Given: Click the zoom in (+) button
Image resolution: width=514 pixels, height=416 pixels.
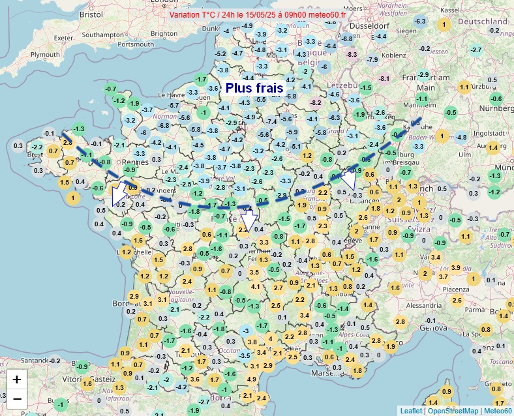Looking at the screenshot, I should coord(17,379).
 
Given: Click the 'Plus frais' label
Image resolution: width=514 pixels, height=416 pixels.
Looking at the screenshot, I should coord(254,87).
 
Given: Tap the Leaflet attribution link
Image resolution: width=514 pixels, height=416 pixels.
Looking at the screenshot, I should coord(411,410).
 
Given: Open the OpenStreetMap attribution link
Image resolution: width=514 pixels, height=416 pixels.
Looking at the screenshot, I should coord(453,410).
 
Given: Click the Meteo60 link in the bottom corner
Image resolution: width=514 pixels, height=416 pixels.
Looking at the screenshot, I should coord(498,410).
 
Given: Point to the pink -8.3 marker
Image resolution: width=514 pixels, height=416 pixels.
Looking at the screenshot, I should coord(352,54).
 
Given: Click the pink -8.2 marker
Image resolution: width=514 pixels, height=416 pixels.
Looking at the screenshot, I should coord(316,102).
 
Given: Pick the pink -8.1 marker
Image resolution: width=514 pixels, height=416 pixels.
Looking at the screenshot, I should coord(384,79).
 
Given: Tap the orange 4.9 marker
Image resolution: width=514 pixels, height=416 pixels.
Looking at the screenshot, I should coord(252,379).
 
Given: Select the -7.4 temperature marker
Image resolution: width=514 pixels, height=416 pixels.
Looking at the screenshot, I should coord(271,122).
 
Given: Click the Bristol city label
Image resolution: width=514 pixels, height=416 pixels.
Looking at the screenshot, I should coord(91,14).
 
